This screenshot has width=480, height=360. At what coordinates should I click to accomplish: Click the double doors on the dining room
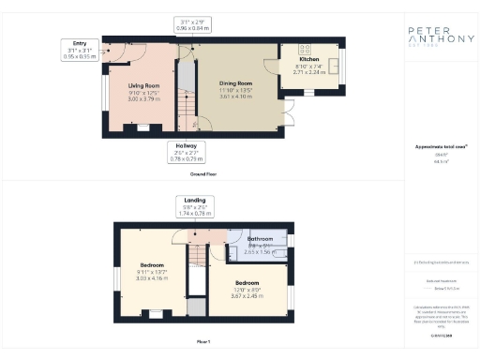tap(287, 118)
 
